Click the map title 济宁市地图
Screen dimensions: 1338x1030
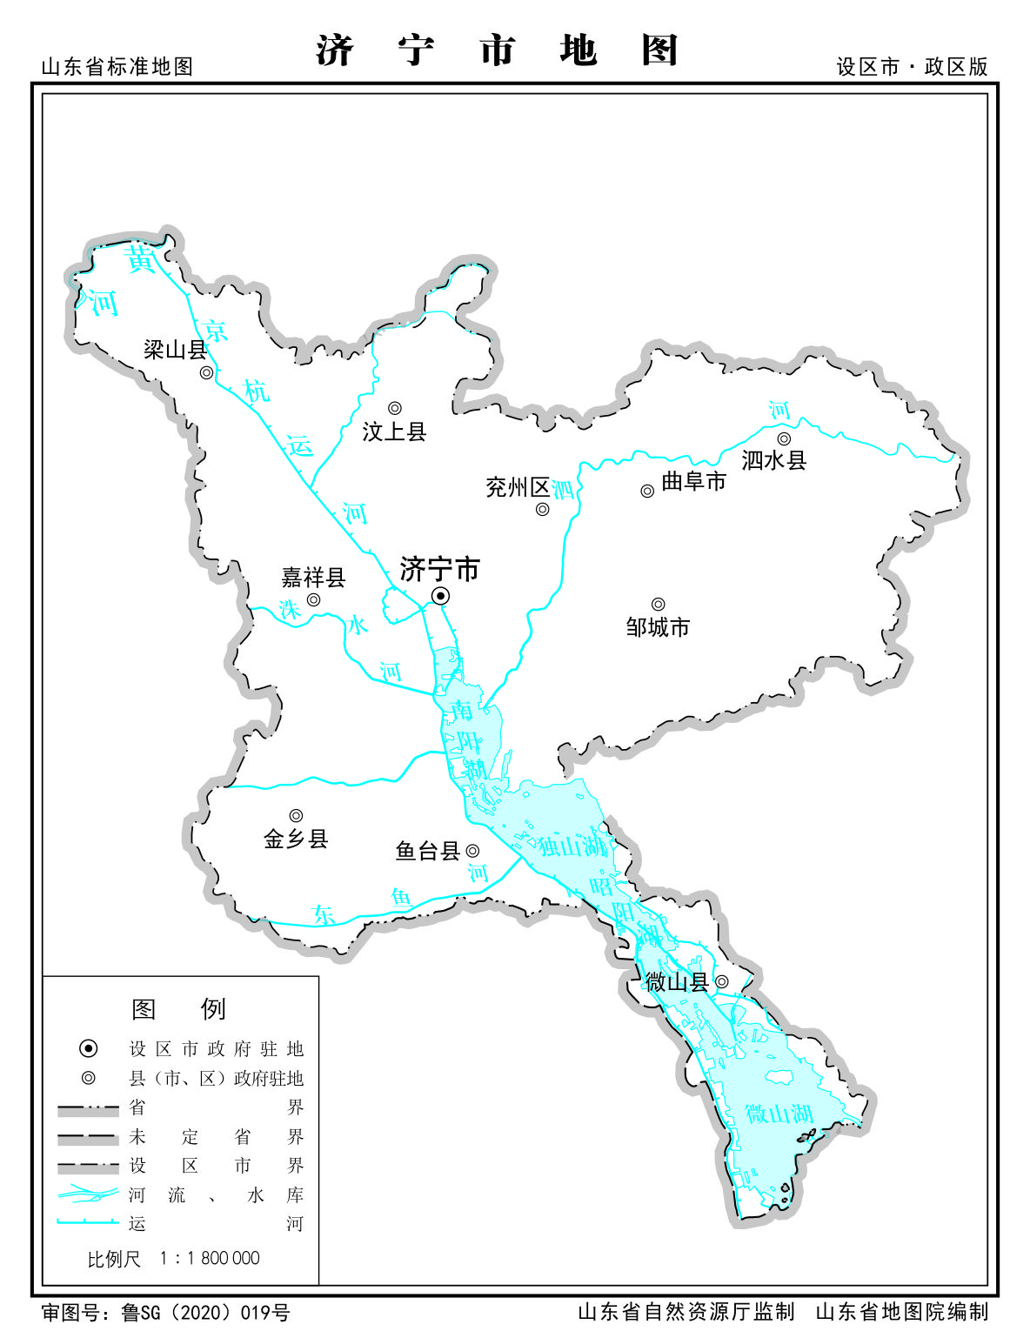(497, 50)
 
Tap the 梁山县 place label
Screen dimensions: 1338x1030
(175, 351)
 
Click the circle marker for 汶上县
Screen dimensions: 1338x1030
(395, 408)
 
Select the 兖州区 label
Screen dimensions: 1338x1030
(518, 487)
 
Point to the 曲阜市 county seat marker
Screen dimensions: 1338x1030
(647, 492)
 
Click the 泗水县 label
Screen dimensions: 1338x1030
(773, 461)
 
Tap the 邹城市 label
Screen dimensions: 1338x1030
(658, 627)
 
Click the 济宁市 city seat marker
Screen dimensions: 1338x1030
(441, 596)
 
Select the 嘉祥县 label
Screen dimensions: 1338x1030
(313, 578)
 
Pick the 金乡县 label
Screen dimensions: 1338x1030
(296, 840)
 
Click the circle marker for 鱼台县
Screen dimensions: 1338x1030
(472, 851)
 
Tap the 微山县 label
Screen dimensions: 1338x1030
(677, 982)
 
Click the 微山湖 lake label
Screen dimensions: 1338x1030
(779, 1114)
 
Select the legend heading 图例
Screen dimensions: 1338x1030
(179, 1009)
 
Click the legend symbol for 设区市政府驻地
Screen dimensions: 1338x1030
(88, 1049)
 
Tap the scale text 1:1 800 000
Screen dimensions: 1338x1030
(210, 1258)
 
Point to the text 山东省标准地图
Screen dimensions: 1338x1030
(117, 67)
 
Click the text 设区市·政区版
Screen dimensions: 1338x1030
(912, 67)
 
